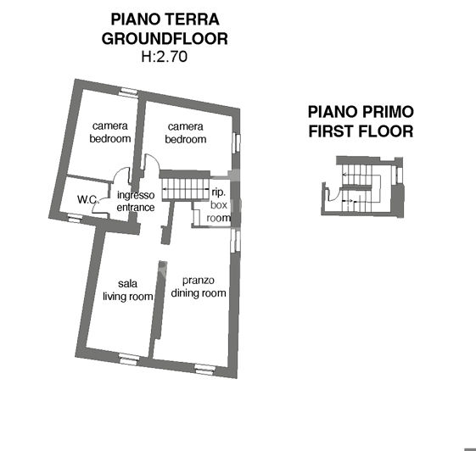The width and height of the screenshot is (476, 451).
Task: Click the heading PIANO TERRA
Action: click(165, 19)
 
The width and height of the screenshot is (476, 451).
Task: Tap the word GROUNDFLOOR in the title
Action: click(165, 38)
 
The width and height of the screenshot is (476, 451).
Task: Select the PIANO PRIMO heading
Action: click(361, 112)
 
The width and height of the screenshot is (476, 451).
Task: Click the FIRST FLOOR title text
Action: click(361, 131)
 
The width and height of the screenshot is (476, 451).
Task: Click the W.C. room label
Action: click(87, 200)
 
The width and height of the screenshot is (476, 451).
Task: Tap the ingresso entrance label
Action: click(136, 201)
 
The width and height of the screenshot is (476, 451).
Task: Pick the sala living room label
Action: click(128, 290)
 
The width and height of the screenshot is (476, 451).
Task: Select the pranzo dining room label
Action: click(199, 287)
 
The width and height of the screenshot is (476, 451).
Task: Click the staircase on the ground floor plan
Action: click(186, 187)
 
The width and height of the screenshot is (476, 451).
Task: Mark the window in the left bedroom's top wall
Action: click(128, 92)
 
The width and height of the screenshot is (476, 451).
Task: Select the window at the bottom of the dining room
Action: click(204, 367)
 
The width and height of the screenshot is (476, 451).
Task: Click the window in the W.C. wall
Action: click(76, 219)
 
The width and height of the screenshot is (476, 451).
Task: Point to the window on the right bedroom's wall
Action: click(238, 142)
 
